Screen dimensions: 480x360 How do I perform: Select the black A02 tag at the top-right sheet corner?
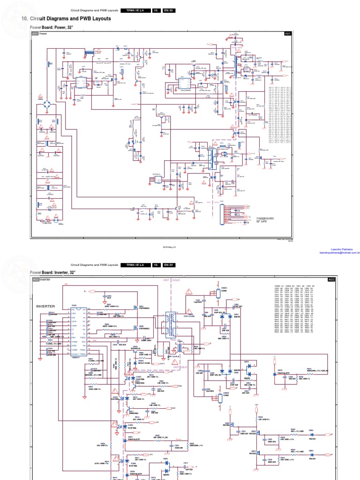point(331,279)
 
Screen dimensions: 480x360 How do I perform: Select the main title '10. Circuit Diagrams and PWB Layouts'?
point(67,19)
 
